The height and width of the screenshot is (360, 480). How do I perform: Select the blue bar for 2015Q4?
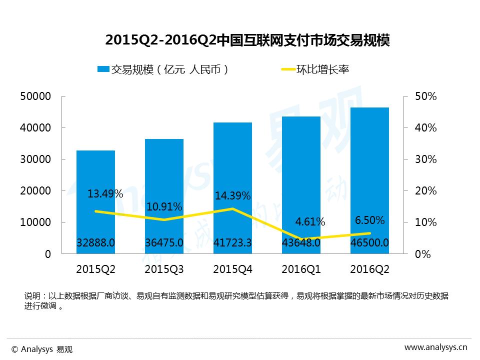point(232,160)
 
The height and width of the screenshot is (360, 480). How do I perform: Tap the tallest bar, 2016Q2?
point(369,150)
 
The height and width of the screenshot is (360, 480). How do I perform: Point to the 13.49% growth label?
point(105,194)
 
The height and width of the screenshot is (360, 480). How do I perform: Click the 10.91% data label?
point(164,206)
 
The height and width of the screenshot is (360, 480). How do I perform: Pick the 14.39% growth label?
point(232,196)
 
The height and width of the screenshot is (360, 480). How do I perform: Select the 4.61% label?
point(310,221)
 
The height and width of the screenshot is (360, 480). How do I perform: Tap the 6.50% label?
point(369,220)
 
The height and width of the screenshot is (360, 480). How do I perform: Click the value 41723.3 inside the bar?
point(232,243)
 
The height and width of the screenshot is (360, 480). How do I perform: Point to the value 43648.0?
point(301,243)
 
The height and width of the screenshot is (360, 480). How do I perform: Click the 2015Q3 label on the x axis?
point(164,269)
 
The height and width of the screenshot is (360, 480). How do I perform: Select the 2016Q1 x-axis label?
point(301,269)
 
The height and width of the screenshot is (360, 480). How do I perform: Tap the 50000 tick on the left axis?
point(35,96)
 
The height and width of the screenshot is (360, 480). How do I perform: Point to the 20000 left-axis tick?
point(35,191)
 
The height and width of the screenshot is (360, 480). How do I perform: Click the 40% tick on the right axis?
point(426,128)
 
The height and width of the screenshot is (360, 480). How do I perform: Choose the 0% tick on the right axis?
point(423,254)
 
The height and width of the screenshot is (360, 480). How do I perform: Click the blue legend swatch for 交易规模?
point(103,69)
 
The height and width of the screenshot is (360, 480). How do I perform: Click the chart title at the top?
point(247,40)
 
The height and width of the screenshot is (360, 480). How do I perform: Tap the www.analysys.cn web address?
point(435,347)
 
